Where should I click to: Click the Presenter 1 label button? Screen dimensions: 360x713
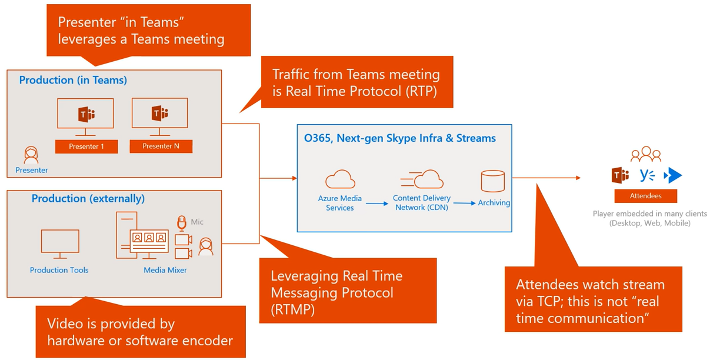coord(86,146)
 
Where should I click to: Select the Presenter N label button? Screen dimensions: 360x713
coord(161,146)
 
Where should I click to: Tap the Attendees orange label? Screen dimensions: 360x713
coord(645,196)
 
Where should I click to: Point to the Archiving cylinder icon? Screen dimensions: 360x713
coord(492,181)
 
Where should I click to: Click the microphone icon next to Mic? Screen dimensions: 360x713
coord(182,223)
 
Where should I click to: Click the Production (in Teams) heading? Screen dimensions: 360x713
coord(73,80)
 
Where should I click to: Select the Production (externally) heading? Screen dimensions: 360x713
coord(88,199)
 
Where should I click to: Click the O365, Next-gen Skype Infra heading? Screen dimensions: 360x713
coord(399,138)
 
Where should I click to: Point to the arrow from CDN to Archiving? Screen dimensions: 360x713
coord(464,203)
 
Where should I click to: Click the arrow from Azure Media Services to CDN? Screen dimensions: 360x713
coord(377,204)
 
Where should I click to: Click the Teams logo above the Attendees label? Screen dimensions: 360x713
coord(620,175)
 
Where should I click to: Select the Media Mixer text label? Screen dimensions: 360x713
coord(165,270)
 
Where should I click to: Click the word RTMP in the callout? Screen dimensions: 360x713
coord(292,309)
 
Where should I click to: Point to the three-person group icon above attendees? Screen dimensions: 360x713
coord(645,155)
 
